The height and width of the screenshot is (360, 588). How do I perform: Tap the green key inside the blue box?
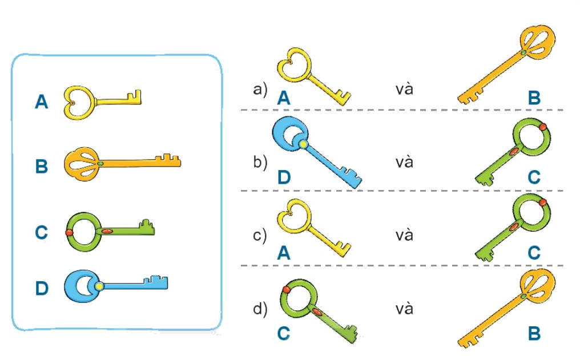tap(109, 231)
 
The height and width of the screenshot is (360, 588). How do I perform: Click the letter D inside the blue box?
tap(42, 289)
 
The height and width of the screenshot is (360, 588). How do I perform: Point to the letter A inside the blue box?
tap(41, 102)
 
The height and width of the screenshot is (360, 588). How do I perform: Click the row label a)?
tap(260, 90)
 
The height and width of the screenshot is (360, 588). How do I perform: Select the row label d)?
tap(260, 309)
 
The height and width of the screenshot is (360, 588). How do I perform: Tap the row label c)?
tap(260, 235)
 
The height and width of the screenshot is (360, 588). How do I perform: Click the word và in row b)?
tap(405, 162)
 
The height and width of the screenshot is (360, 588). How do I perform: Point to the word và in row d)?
tap(405, 309)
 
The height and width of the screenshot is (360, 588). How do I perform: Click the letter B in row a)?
tap(534, 98)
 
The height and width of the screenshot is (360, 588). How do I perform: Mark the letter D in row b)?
tap(284, 178)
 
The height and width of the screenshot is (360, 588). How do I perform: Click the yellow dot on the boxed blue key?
tap(99, 285)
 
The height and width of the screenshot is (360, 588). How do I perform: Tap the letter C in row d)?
tap(284, 333)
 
